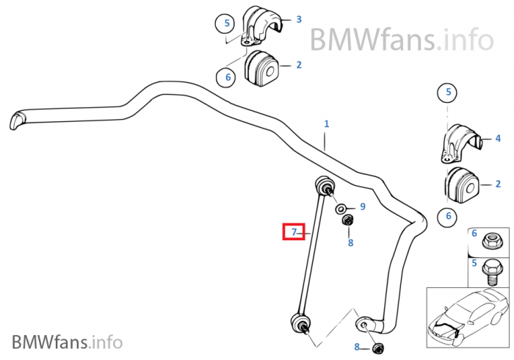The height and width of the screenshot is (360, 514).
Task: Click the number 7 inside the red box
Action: pos(294,232)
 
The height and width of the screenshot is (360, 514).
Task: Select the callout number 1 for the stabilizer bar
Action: pos(327,125)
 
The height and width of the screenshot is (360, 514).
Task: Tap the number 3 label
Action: pos(298,19)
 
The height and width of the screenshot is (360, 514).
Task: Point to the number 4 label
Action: pos(497,138)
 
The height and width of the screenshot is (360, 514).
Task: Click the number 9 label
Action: pos(362,207)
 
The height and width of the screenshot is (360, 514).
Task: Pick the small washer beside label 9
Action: pos(342,209)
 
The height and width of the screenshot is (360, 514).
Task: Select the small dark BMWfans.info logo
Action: pos(68,341)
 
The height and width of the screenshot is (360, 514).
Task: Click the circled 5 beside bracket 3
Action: pos(227,24)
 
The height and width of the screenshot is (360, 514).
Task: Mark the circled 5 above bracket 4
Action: pos(447,93)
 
